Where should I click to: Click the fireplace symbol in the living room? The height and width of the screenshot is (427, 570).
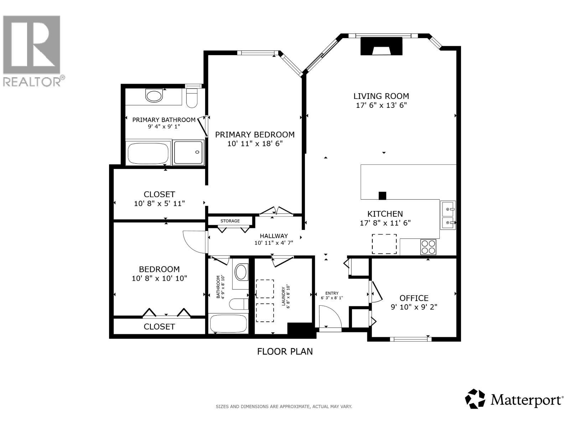click(x=381, y=47)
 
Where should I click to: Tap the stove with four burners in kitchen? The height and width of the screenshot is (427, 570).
click(x=428, y=247)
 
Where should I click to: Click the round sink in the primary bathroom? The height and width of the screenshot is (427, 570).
click(x=154, y=96)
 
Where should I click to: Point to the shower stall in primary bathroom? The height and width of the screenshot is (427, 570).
click(x=188, y=152)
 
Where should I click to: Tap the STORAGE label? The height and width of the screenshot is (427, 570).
click(x=230, y=221)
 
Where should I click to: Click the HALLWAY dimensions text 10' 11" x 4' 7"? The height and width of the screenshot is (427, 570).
click(x=274, y=243)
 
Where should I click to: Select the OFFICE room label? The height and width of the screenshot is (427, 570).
click(x=414, y=298)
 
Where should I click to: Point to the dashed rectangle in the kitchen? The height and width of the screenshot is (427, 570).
click(x=384, y=244)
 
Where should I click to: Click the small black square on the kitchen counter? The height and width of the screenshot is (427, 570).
click(x=382, y=196)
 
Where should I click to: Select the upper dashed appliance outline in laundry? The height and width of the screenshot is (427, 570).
click(x=265, y=289)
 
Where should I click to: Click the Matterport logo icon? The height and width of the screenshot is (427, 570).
click(x=475, y=399)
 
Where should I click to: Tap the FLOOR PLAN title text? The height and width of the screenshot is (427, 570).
click(x=285, y=352)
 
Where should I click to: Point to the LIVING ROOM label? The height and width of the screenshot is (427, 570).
click(x=381, y=96)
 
